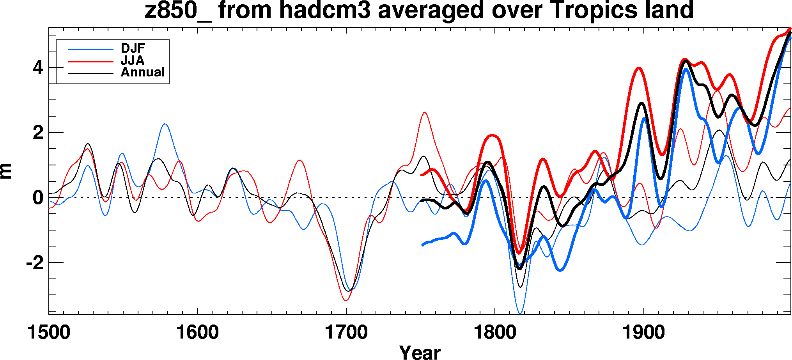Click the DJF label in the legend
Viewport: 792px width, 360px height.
133,48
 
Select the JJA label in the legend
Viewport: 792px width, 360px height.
133,60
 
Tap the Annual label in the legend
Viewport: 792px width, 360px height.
142,72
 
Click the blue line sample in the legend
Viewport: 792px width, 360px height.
90,50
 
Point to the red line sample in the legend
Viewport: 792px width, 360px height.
90,62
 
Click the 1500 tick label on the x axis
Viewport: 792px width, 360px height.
49,333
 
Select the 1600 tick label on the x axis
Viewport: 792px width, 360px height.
197,333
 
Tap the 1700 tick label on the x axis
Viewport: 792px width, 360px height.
346,333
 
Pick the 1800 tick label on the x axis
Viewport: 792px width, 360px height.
494,333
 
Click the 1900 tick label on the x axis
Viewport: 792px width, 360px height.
643,333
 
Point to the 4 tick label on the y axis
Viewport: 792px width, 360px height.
38,68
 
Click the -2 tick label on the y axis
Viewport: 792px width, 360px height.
34,263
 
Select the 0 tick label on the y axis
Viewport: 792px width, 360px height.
38,198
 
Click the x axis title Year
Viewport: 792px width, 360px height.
420,352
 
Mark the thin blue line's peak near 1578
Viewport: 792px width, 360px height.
165,124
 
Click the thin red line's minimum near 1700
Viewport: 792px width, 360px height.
346,300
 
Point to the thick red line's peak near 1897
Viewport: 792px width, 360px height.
639,68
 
